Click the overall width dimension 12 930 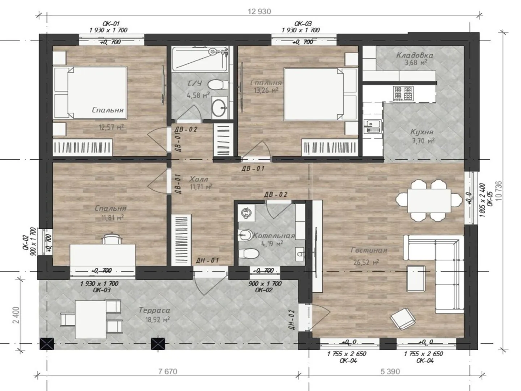pyautogui.click(x=259, y=11)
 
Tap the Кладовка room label pyautogui.click(x=414, y=55)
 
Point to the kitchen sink pyautogui.click(x=373, y=126)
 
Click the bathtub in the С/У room pyautogui.click(x=200, y=58)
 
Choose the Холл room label pyautogui.click(x=199, y=179)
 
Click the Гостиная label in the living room pyautogui.click(x=369, y=250)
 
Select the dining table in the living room pyautogui.click(x=429, y=201)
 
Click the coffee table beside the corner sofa pyautogui.click(x=416, y=278)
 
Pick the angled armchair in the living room pyautogui.click(x=403, y=319)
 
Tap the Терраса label pyautogui.click(x=154, y=310)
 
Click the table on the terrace pyautogui.click(x=91, y=320)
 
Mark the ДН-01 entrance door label pyautogui.click(x=207, y=260)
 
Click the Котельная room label pyautogui.click(x=274, y=236)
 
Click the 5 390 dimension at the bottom pyautogui.click(x=390, y=371)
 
